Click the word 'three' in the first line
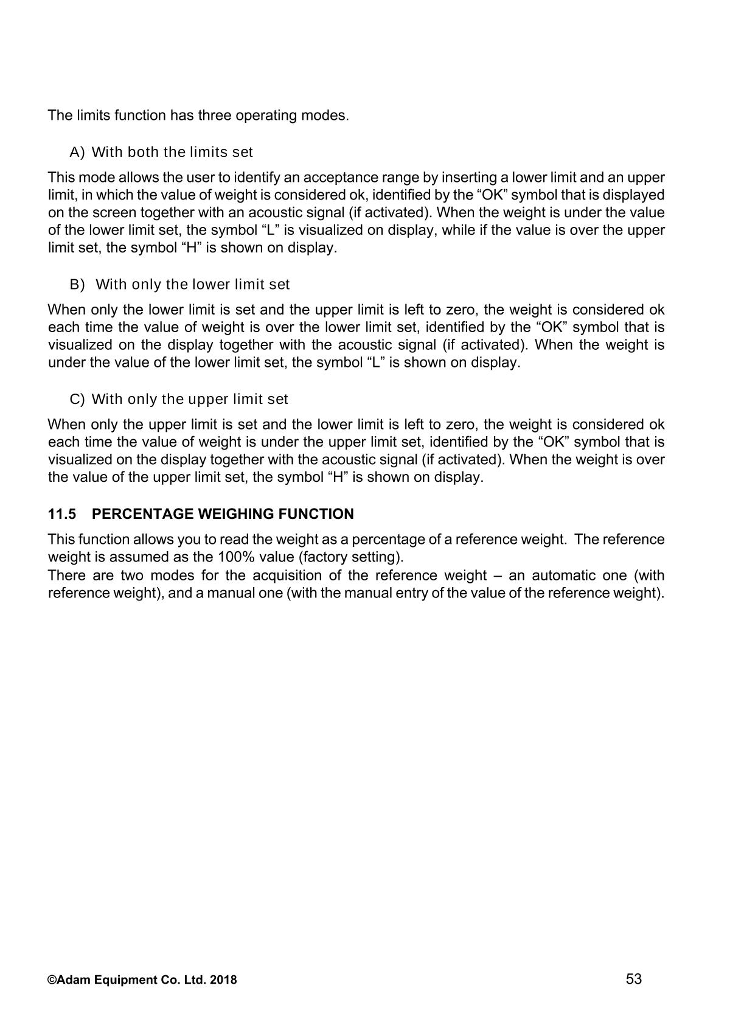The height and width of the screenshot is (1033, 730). coord(213,116)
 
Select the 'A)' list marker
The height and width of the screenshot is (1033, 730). coord(77,152)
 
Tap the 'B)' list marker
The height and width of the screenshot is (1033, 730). coord(77,285)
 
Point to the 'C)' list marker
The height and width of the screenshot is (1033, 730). coord(77,400)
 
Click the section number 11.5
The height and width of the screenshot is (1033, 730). coord(62,515)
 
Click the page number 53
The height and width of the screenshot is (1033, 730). coord(634,979)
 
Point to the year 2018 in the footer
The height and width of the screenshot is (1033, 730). coord(225,980)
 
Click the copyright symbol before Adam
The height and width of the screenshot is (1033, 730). coord(52,980)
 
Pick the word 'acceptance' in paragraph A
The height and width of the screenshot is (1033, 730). coord(336,178)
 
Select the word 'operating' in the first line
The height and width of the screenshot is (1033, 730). coord(265,116)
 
